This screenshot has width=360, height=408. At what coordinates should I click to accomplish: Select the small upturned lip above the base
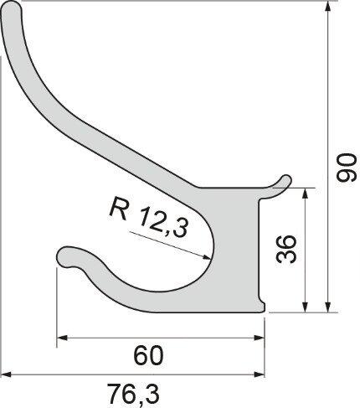click(282, 180)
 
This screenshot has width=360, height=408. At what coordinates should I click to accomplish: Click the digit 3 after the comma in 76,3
click(152, 391)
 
